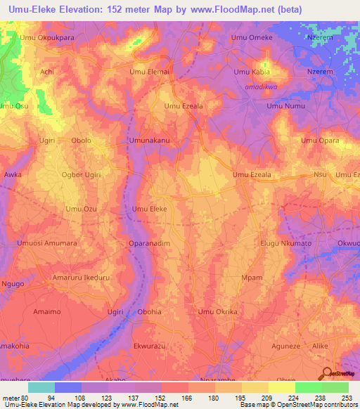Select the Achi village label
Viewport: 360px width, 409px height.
tap(47, 72)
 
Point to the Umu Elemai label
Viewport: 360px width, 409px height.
tap(149, 72)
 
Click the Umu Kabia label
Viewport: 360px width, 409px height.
tap(251, 72)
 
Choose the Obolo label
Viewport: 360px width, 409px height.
tap(82, 141)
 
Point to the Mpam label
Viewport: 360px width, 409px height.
tap(251, 277)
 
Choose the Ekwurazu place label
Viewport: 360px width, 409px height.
tap(149, 346)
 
